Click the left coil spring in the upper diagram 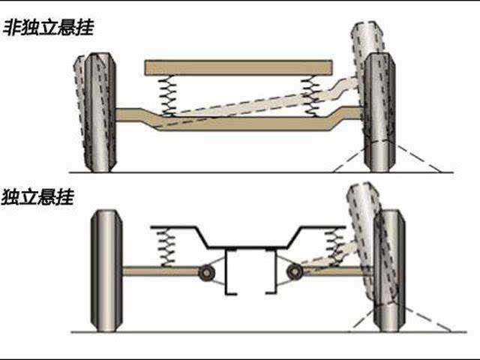pos(169,95)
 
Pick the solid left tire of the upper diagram pos(100,112)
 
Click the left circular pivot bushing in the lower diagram pos(205,272)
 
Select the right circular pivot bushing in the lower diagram pos(295,271)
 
